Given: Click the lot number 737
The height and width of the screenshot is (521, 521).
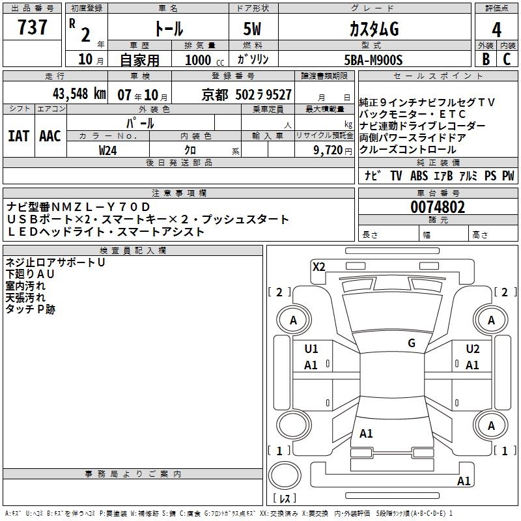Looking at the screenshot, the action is (x=32, y=27).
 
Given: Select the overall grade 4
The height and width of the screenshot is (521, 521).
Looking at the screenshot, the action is (x=496, y=30).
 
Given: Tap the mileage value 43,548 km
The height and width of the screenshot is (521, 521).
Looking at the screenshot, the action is (x=79, y=94).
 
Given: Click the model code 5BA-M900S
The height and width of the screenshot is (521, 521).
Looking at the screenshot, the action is (x=373, y=60).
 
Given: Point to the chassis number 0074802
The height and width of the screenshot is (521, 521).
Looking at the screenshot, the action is (x=438, y=207).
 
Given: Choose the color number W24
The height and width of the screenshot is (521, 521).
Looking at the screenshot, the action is (x=107, y=150).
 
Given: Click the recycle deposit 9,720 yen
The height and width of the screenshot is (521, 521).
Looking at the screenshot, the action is (x=333, y=150).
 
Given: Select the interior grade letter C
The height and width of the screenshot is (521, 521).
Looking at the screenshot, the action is (x=507, y=59).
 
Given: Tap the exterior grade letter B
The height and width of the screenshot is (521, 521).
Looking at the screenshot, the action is (x=486, y=59).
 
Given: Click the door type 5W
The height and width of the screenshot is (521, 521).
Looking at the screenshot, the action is (x=252, y=29).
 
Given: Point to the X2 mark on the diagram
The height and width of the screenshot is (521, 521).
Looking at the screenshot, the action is (x=318, y=267).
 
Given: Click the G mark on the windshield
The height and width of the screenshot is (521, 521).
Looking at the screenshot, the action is (x=412, y=343).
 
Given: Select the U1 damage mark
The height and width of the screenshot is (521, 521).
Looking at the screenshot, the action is (x=311, y=349).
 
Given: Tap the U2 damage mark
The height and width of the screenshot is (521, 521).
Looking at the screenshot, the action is (x=473, y=349).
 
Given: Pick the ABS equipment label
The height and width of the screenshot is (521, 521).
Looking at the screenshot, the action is (x=419, y=176).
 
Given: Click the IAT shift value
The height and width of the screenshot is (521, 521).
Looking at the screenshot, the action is (x=18, y=136).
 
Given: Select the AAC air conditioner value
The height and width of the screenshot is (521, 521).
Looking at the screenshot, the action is (x=50, y=136).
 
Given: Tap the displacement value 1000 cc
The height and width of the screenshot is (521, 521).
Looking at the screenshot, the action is (x=204, y=60).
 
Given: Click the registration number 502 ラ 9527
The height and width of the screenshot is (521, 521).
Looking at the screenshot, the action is (x=264, y=94).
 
